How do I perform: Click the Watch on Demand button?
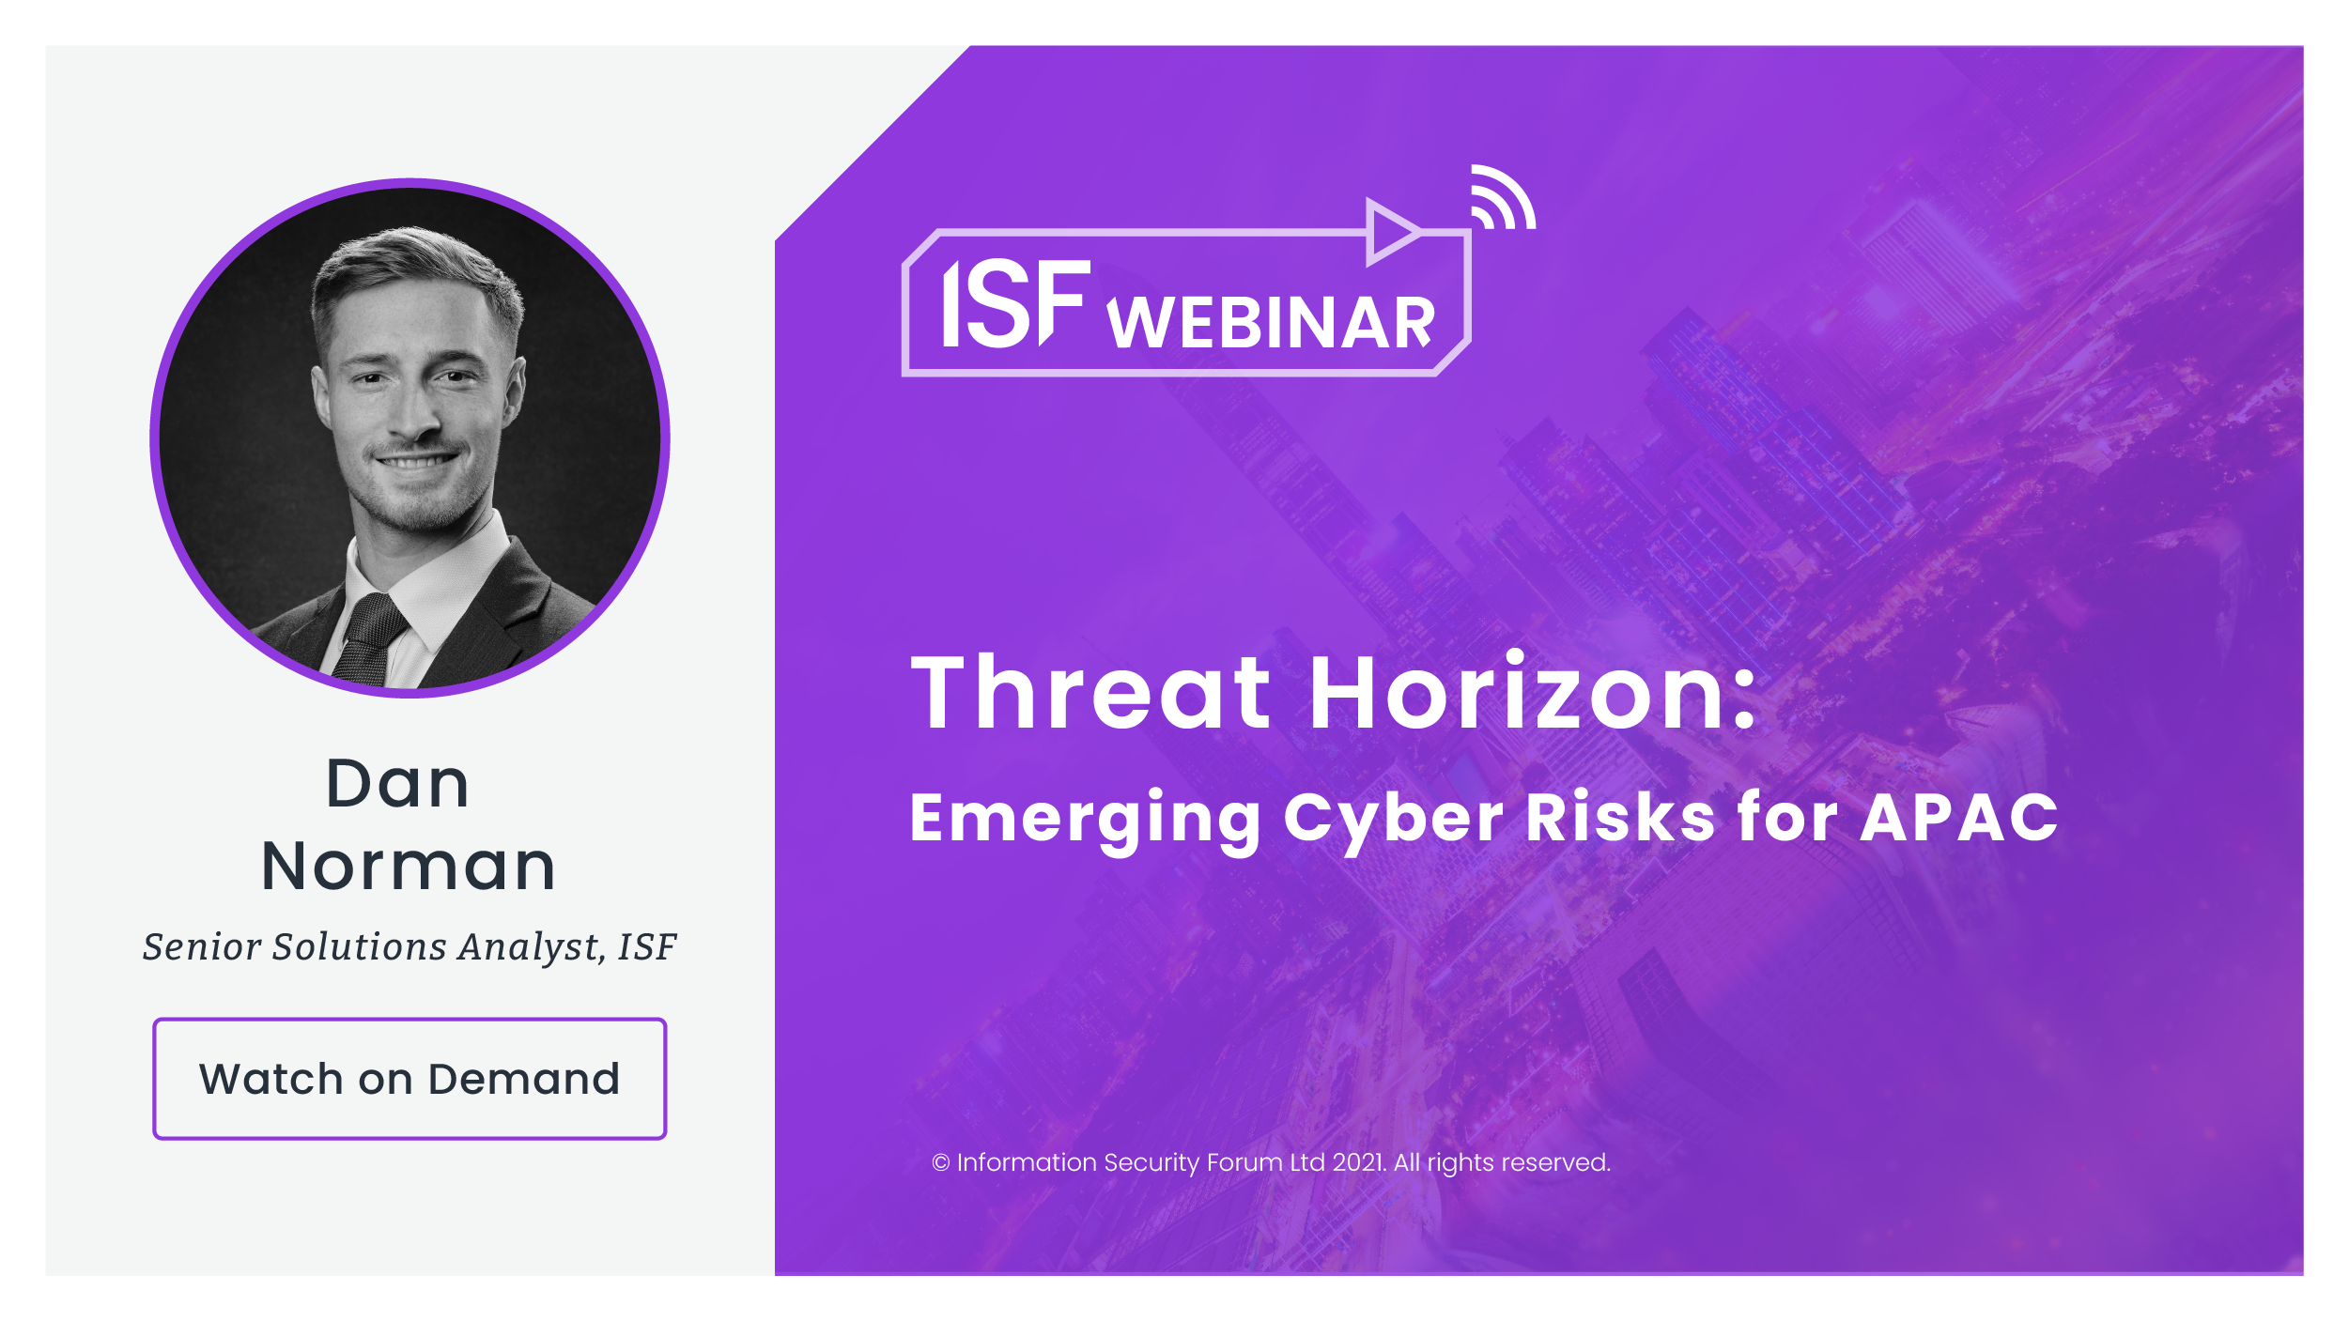click(x=410, y=1079)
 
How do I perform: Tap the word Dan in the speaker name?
click(x=397, y=783)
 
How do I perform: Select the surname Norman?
click(x=409, y=866)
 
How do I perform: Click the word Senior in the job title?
click(x=201, y=946)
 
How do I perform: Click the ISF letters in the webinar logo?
click(x=1015, y=303)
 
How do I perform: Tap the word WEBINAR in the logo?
click(x=1271, y=323)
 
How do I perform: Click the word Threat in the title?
click(x=1090, y=693)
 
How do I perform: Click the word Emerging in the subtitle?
click(x=1085, y=820)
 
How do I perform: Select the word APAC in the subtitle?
click(x=1959, y=817)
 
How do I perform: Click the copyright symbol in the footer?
click(x=940, y=1163)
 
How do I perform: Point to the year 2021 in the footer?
click(x=1358, y=1162)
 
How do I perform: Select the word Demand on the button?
click(x=524, y=1079)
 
